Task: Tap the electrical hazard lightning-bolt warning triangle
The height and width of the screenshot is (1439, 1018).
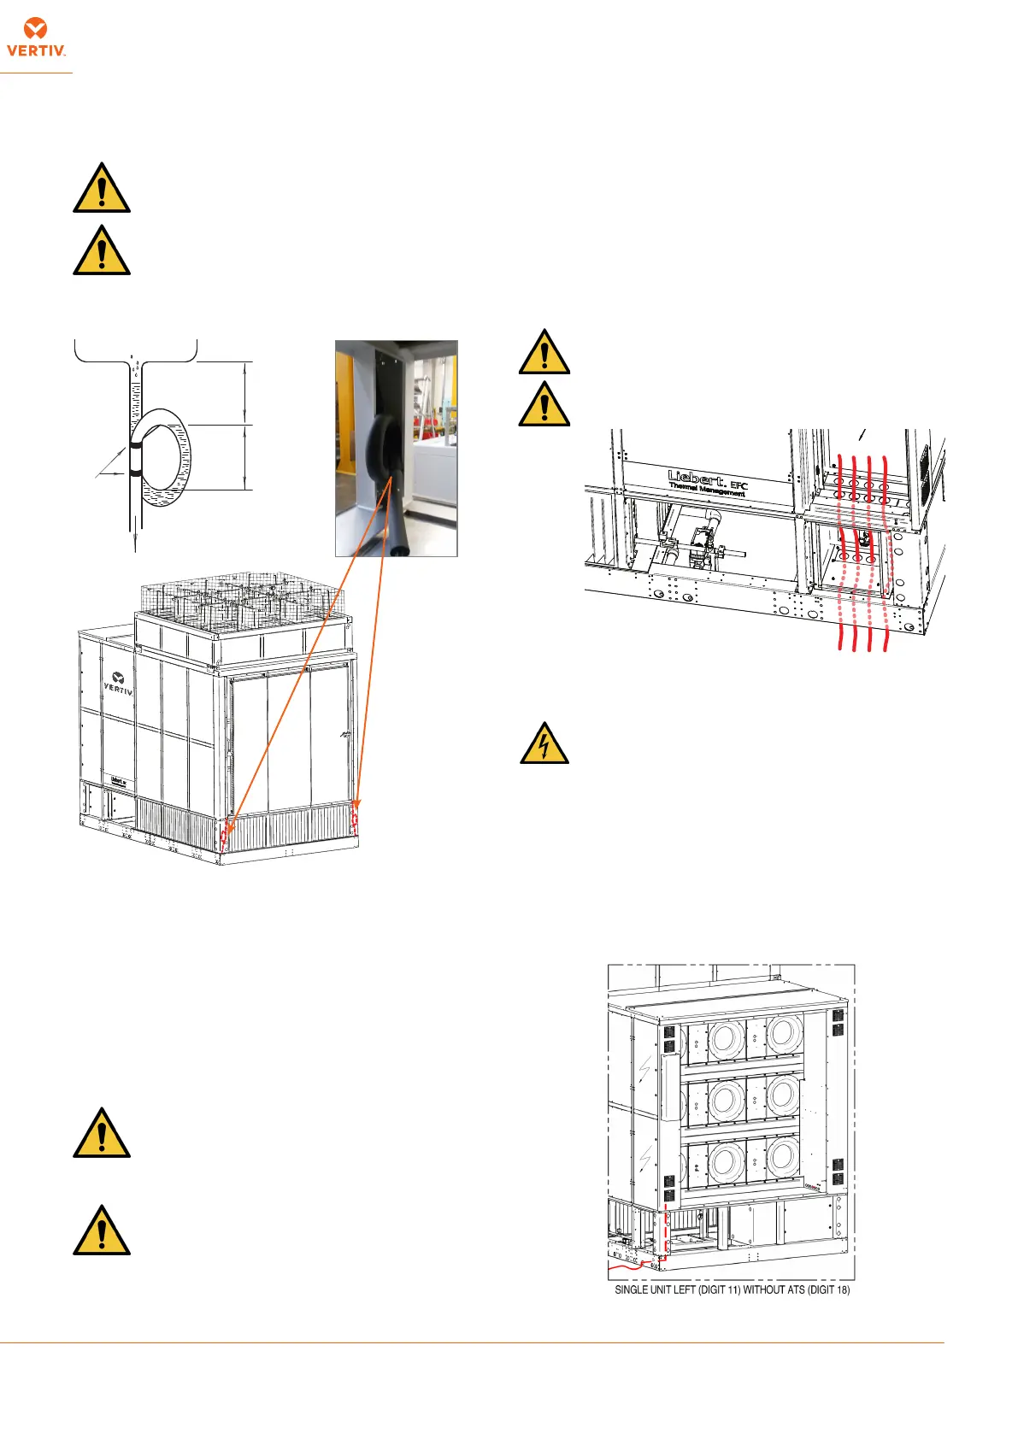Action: pyautogui.click(x=544, y=743)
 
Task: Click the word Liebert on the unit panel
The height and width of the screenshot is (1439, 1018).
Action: pyautogui.click(x=697, y=476)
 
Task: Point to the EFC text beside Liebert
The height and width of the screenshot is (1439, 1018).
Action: pyautogui.click(x=739, y=485)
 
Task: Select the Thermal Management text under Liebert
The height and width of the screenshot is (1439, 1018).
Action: pyautogui.click(x=707, y=489)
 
